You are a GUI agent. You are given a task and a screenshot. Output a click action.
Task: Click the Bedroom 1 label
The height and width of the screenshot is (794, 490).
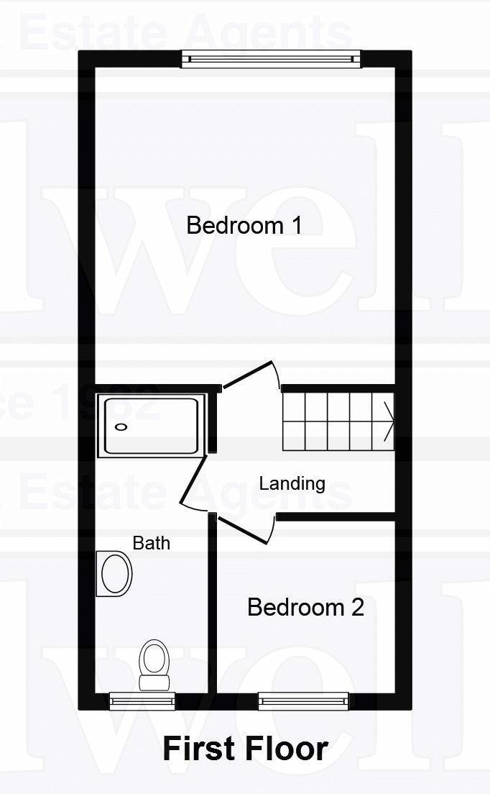(244, 225)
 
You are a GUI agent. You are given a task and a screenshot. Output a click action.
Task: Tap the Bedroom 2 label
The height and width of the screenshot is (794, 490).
(305, 607)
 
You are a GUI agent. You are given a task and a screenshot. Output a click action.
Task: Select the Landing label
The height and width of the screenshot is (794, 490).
(292, 483)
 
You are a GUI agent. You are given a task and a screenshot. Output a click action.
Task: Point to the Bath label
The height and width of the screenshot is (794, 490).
(152, 543)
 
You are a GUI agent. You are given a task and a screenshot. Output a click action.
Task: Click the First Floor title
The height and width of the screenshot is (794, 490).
(245, 749)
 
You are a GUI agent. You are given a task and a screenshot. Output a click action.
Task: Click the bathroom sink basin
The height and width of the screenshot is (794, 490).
(116, 574)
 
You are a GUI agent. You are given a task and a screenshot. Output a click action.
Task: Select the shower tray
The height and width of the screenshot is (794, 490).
(151, 426)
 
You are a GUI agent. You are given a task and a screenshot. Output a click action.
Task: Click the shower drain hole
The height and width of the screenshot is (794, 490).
(121, 427)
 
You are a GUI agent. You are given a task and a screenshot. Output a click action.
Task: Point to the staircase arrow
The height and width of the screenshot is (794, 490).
(389, 421)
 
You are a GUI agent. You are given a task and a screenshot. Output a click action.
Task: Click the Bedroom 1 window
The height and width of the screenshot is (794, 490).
(271, 59)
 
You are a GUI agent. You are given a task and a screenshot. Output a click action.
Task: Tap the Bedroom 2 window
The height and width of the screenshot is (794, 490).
(303, 700)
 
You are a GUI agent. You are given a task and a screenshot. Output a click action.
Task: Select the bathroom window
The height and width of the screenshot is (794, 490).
(142, 700)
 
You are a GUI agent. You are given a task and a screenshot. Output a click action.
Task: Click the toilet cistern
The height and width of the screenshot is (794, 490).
(154, 682)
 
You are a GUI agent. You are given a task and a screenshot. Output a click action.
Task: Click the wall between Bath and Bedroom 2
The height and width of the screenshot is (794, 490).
(213, 611)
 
